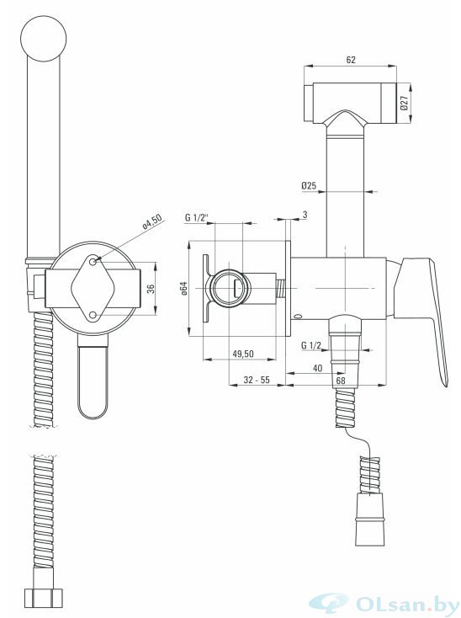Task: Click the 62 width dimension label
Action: pyautogui.click(x=350, y=60)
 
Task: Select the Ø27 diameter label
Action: pyautogui.click(x=404, y=103)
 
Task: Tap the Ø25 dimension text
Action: pyautogui.click(x=309, y=185)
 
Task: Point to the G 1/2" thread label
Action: pyautogui.click(x=197, y=216)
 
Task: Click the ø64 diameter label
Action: pyautogui.click(x=184, y=289)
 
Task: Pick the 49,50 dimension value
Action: pyautogui.click(x=243, y=354)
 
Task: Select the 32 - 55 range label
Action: pyautogui.click(x=257, y=380)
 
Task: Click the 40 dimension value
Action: pyautogui.click(x=317, y=368)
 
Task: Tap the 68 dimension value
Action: pyautogui.click(x=340, y=381)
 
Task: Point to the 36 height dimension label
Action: pyautogui.click(x=150, y=289)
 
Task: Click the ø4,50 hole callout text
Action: pyautogui.click(x=152, y=223)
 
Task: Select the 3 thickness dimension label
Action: pyautogui.click(x=305, y=215)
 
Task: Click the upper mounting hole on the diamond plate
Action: pyautogui.click(x=93, y=261)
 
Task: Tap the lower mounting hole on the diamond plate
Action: pyautogui.click(x=93, y=315)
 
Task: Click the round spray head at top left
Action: pyautogui.click(x=43, y=39)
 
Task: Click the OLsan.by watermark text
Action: pyautogui.click(x=406, y=603)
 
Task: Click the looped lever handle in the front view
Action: pyautogui.click(x=93, y=377)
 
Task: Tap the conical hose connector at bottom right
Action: pyautogui.click(x=369, y=519)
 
